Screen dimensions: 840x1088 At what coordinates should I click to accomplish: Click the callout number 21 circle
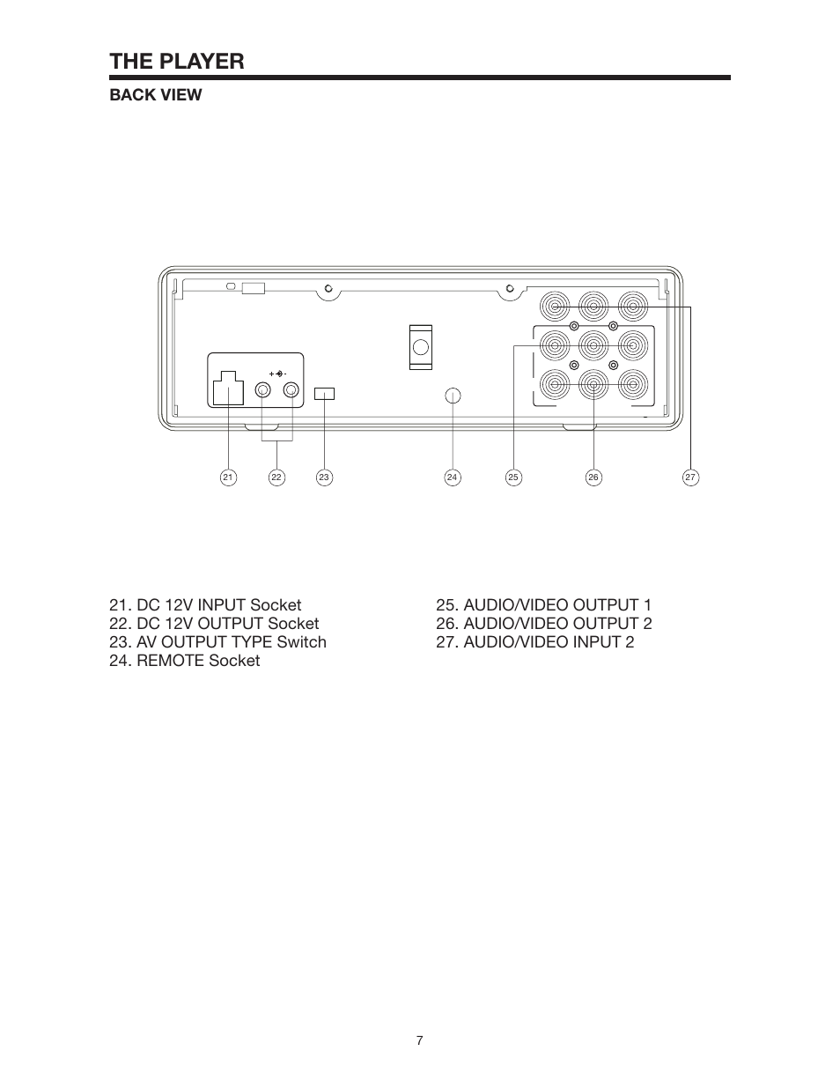pyautogui.click(x=228, y=477)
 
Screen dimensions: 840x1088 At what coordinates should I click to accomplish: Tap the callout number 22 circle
pyautogui.click(x=276, y=477)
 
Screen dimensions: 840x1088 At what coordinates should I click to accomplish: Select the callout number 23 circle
pyautogui.click(x=324, y=477)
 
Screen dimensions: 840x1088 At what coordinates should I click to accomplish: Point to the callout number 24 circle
pyautogui.click(x=452, y=477)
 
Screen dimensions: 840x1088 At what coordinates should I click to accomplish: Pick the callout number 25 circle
pyautogui.click(x=513, y=477)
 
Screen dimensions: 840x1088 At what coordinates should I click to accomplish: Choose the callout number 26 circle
pyautogui.click(x=593, y=477)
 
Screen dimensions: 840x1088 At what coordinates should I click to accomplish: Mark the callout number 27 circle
pyautogui.click(x=690, y=477)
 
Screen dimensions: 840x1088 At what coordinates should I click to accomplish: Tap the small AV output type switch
pyautogui.click(x=324, y=393)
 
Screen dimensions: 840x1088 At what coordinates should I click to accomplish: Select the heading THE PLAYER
pyautogui.click(x=176, y=61)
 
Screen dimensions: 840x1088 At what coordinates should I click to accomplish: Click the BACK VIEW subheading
pyautogui.click(x=155, y=95)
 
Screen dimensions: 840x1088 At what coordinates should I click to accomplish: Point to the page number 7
pyautogui.click(x=420, y=1040)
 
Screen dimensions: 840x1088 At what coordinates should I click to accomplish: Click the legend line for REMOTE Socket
pyautogui.click(x=184, y=661)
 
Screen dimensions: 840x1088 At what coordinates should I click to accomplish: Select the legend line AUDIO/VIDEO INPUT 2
pyautogui.click(x=534, y=642)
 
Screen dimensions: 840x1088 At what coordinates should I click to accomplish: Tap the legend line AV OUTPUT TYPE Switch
pyautogui.click(x=217, y=642)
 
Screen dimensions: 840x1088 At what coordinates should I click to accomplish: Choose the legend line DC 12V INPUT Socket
pyautogui.click(x=205, y=605)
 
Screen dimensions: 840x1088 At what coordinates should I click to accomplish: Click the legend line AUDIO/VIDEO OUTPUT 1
pyautogui.click(x=543, y=605)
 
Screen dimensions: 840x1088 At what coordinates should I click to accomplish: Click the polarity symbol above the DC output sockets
pyautogui.click(x=278, y=374)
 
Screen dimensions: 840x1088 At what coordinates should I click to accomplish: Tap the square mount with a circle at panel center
pyautogui.click(x=421, y=346)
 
